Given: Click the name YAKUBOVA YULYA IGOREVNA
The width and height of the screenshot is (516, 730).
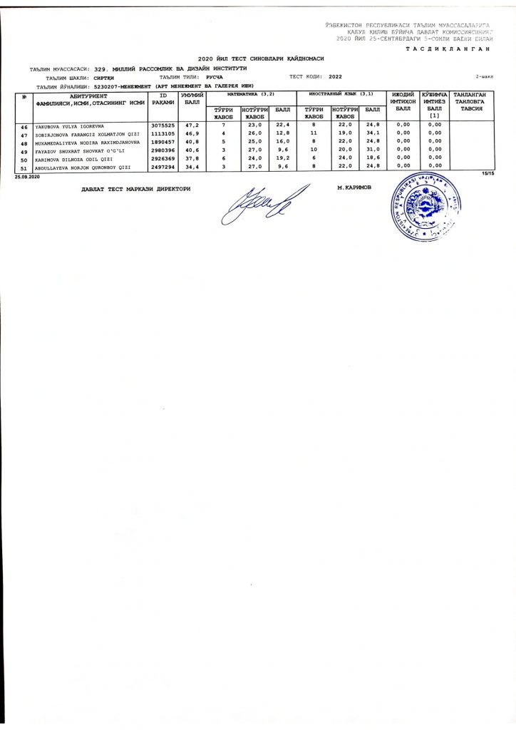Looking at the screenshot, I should [x=69, y=125].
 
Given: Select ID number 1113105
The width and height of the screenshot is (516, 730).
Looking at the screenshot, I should [x=162, y=134].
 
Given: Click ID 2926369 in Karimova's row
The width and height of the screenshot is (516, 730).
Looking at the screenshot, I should [x=162, y=160].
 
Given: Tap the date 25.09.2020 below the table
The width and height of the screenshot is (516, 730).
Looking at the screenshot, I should [x=29, y=175].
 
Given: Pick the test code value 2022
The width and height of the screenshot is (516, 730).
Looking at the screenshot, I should [x=336, y=76].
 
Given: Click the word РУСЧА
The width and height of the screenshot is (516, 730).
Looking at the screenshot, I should [x=215, y=76].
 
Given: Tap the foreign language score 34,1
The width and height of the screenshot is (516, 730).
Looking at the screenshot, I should [x=371, y=134].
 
